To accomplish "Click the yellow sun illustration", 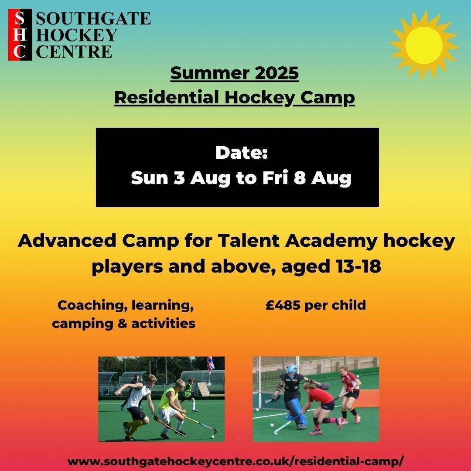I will coord(423,45).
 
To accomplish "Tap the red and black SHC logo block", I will coord(20,35).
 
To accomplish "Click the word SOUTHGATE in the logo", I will coord(93,19).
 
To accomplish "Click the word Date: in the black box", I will coord(241,153).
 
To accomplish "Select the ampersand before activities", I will coord(116,324).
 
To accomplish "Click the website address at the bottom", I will coord(236,461).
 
